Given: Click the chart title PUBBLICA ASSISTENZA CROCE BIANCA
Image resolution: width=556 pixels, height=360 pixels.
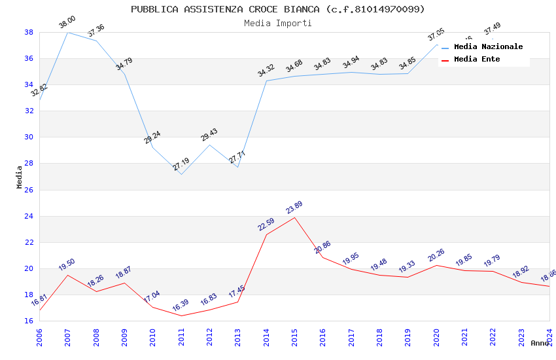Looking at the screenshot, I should coord(277,9).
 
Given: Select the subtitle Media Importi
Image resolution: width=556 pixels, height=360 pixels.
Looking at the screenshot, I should coord(277,23).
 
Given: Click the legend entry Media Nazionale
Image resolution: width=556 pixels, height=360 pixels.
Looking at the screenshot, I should coord(488,46).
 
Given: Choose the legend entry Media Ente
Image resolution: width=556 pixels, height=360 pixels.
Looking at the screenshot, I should coord(477,59).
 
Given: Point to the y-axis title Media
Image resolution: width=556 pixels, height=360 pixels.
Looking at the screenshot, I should coord(20,177).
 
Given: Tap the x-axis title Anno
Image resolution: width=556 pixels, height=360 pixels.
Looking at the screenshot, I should coord(540,343).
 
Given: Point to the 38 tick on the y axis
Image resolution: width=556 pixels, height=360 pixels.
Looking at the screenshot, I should coord(29,32).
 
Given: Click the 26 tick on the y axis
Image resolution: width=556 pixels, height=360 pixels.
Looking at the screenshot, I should coord(29,190).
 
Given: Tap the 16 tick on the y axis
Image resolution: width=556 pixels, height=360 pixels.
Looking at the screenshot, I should coord(29,321).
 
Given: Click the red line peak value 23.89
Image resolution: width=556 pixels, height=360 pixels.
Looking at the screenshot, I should coord(294,207).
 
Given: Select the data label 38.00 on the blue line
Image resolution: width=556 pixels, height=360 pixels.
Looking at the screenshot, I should coord(67,23).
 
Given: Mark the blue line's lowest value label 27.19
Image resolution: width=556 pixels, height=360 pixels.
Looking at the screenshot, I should coord(181,164).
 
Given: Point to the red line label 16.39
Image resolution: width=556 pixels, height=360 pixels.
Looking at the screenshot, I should coord(181,306).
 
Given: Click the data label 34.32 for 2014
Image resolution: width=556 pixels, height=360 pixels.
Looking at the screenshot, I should coord(266,71).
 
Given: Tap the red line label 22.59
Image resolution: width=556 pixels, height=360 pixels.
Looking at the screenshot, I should coord(266,225).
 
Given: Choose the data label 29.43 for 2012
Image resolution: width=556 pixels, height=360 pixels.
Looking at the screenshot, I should coord(209,134).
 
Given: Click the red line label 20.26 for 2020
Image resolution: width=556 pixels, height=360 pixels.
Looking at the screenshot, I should coord(436,255).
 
